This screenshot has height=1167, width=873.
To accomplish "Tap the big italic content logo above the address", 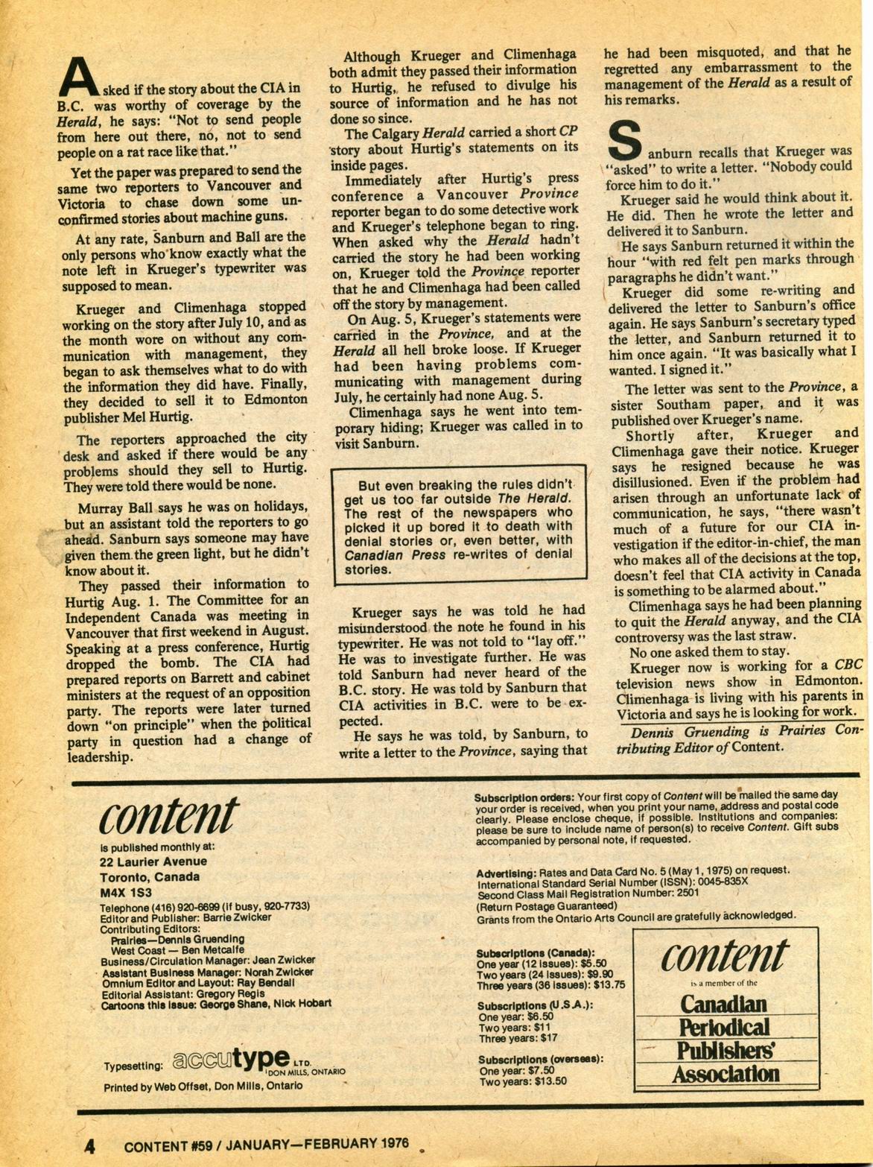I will tap(169, 817).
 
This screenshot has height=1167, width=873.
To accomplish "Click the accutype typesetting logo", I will tap(231, 1059).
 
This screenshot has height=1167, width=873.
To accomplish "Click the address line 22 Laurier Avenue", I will tap(153, 861).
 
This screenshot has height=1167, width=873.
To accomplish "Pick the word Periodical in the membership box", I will tap(723, 1028).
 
